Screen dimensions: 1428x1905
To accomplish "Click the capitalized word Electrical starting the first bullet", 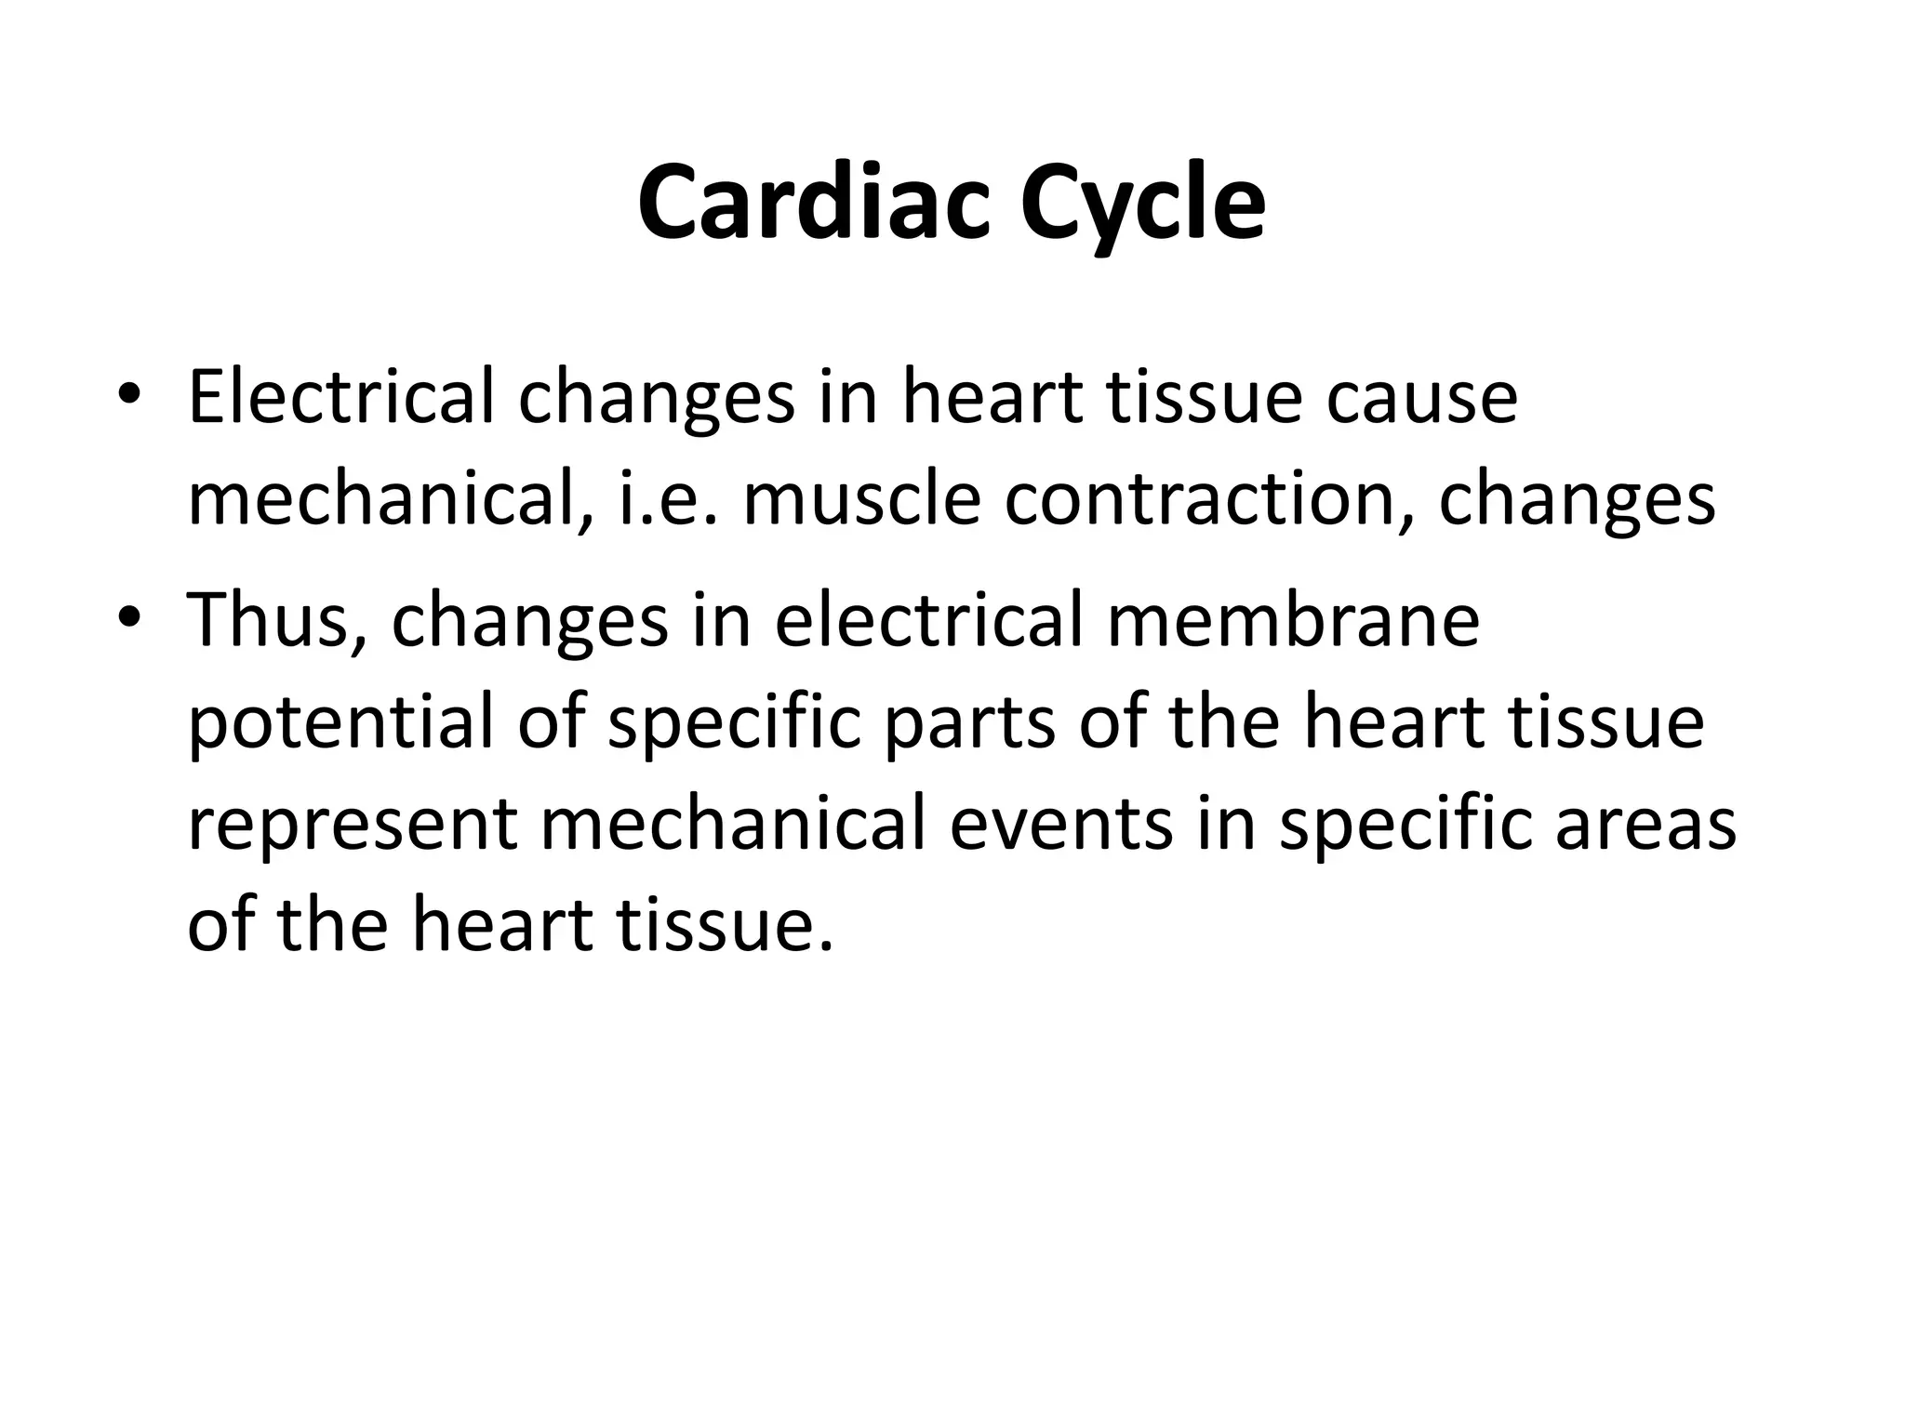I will click(340, 397).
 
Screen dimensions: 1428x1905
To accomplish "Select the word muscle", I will click(861, 499).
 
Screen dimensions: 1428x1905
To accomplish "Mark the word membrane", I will click(1293, 620).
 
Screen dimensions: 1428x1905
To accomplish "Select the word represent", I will click(352, 826).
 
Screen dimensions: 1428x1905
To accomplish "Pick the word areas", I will click(1645, 826).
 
